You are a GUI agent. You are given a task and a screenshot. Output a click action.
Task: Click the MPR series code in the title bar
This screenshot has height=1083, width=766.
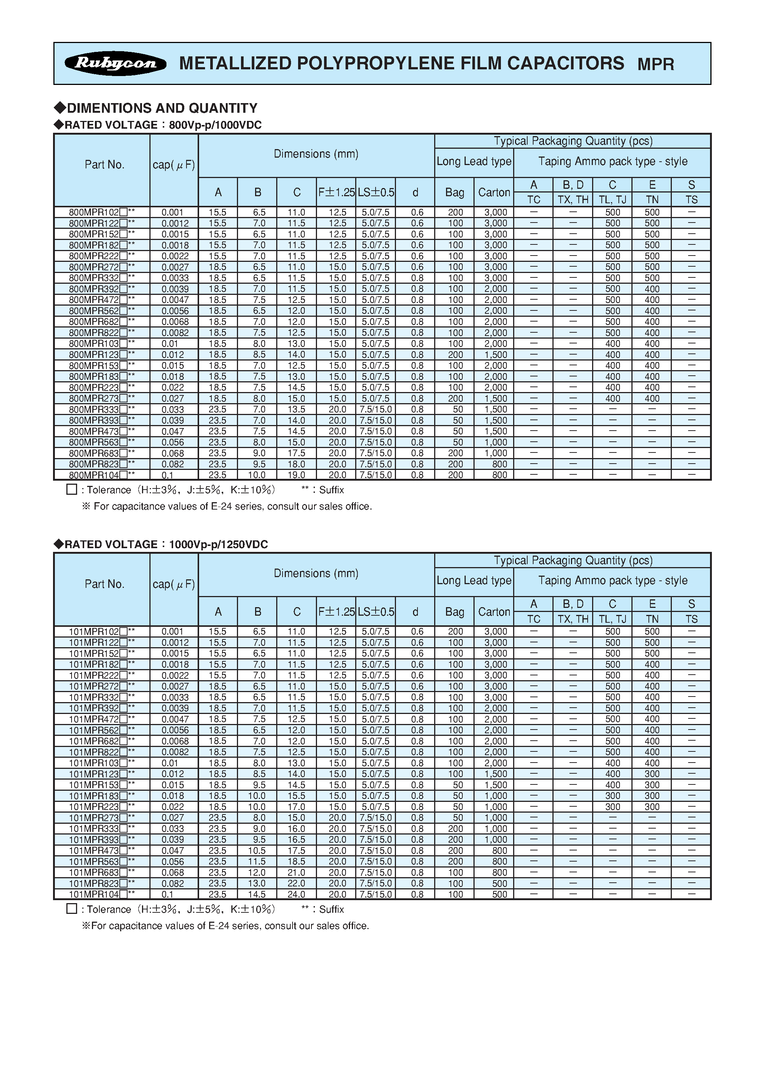[x=655, y=64]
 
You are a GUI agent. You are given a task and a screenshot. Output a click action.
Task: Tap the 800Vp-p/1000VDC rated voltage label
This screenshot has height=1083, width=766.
[x=215, y=125]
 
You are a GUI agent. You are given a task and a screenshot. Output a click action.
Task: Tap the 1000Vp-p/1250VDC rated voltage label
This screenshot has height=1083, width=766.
[x=218, y=544]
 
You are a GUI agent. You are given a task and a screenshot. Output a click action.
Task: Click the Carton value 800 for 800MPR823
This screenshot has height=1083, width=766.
[x=499, y=464]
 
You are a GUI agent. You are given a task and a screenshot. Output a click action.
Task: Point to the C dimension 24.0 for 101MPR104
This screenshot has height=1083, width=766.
[x=296, y=894]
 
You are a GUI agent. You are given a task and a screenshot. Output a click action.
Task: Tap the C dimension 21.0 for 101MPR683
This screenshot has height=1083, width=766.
[x=296, y=873]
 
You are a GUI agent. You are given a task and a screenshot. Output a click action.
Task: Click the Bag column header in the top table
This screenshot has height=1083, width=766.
[x=454, y=192]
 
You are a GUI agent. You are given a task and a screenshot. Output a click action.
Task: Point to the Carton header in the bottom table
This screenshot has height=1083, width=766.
[x=494, y=612]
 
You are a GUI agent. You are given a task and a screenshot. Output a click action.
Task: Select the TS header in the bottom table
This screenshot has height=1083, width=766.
[x=691, y=619]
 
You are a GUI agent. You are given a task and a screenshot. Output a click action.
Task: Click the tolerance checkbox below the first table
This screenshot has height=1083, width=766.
[x=72, y=489]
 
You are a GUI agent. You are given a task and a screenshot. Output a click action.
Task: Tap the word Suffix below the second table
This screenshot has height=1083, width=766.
[x=331, y=909]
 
